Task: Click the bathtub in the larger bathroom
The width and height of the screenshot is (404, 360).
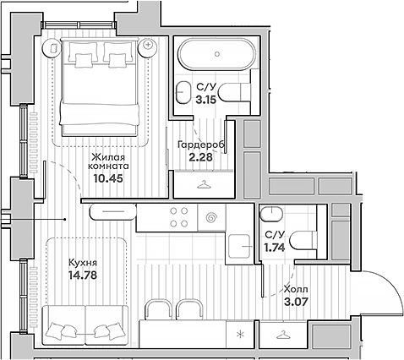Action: pos(216,56)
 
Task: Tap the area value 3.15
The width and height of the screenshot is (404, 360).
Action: pos(205,98)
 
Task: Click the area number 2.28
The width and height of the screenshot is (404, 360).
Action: pos(199,157)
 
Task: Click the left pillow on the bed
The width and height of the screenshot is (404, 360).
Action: pos(85,59)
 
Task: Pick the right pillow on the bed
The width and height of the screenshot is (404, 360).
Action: pos(116,59)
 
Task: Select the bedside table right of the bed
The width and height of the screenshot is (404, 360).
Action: pos(149,42)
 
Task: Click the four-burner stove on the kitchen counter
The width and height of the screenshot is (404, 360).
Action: pos(178,218)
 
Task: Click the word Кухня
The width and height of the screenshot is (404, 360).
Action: pos(84,263)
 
